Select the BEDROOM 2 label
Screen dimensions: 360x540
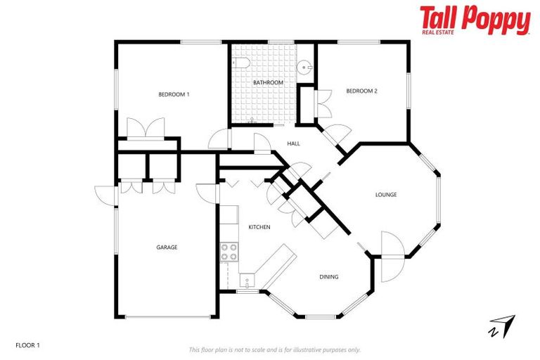coord(362,90)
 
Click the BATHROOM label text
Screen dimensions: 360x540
coord(268,83)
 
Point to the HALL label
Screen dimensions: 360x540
coord(294,143)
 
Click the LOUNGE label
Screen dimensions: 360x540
coord(386,195)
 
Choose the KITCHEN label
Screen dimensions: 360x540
coord(259,227)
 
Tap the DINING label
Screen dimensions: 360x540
coord(329,277)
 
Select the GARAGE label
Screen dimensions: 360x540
coord(167,247)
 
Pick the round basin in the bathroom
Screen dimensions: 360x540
coord(304,67)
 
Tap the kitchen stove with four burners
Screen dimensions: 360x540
coord(229,251)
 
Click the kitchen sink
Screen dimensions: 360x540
coord(247,281)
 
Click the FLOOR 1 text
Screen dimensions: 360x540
coord(28,345)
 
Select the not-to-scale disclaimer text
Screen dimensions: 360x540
coord(274,349)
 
